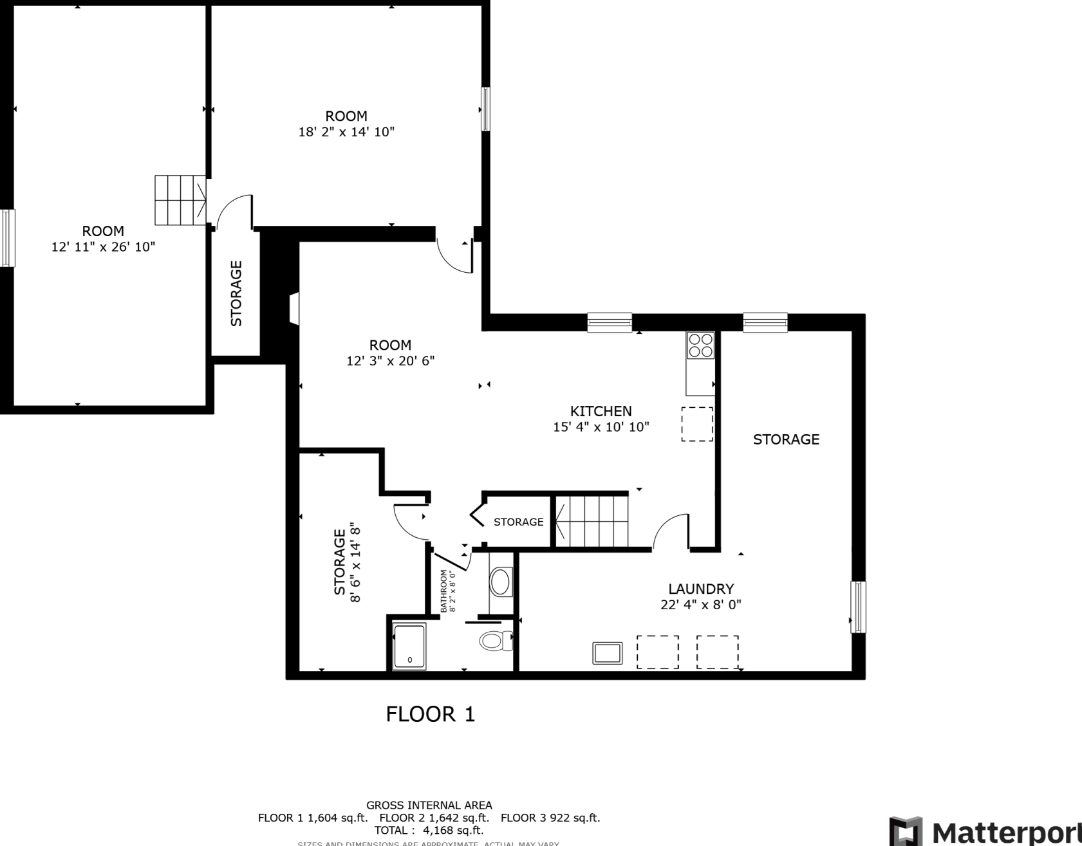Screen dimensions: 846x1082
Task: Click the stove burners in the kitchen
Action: pyautogui.click(x=700, y=345)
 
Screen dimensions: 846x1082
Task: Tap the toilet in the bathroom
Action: pyautogui.click(x=495, y=640)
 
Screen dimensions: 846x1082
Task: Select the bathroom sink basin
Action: pyautogui.click(x=500, y=582)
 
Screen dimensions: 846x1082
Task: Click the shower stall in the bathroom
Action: pyautogui.click(x=409, y=646)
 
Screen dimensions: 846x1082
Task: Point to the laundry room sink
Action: pyautogui.click(x=608, y=653)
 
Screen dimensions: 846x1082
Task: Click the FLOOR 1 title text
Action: pyautogui.click(x=430, y=714)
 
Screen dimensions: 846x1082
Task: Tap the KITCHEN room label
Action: pyautogui.click(x=601, y=411)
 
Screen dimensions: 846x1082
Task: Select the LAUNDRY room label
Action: pyautogui.click(x=700, y=589)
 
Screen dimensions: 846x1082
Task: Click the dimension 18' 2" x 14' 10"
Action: pyautogui.click(x=346, y=132)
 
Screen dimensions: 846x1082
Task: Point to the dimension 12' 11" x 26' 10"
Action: pyautogui.click(x=103, y=247)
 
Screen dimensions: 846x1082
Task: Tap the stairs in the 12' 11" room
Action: pyautogui.click(x=180, y=200)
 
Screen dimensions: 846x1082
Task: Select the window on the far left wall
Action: pyautogui.click(x=7, y=237)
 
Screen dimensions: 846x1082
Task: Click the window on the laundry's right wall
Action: pyautogui.click(x=857, y=607)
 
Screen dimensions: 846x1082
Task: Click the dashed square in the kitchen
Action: pyautogui.click(x=697, y=424)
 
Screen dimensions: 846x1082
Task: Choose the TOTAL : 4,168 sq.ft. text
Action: pyautogui.click(x=429, y=830)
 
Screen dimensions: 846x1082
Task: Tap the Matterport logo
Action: pyautogui.click(x=985, y=831)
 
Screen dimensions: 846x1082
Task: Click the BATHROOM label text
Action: pyautogui.click(x=443, y=591)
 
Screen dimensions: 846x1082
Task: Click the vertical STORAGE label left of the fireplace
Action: pyautogui.click(x=236, y=293)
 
